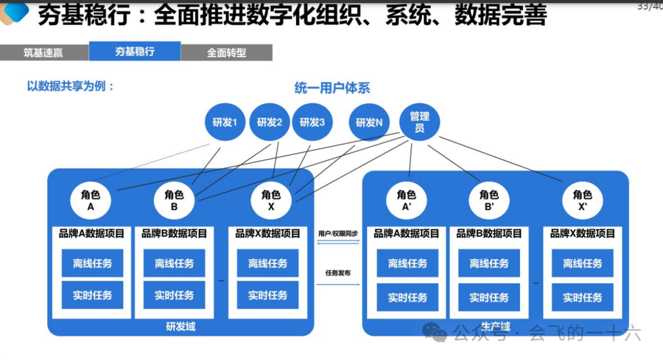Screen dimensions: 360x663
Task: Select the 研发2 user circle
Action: tap(269, 122)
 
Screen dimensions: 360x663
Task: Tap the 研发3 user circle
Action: tap(312, 122)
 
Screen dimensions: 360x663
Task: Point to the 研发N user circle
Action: tap(369, 122)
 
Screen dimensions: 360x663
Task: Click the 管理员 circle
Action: tap(419, 122)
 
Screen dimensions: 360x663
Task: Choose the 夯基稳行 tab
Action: tap(135, 52)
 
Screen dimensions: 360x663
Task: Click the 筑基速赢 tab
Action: tap(44, 53)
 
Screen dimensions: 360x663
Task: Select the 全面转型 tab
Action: tap(227, 53)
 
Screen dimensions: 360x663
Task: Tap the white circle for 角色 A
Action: tap(91, 200)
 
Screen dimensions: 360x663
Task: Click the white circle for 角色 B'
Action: tap(489, 200)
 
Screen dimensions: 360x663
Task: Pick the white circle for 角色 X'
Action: tap(582, 200)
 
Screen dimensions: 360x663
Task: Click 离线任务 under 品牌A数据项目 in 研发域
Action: tap(92, 264)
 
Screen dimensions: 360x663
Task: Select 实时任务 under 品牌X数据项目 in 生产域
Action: tap(582, 297)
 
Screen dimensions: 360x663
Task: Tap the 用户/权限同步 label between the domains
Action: tap(338, 234)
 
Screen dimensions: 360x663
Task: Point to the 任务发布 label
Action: tap(338, 272)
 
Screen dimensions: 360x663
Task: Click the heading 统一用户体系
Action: tap(332, 88)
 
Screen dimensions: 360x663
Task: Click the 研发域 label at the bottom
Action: tap(180, 326)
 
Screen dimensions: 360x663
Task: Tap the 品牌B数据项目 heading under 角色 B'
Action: tap(489, 233)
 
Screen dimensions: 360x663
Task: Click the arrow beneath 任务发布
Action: tap(338, 283)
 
